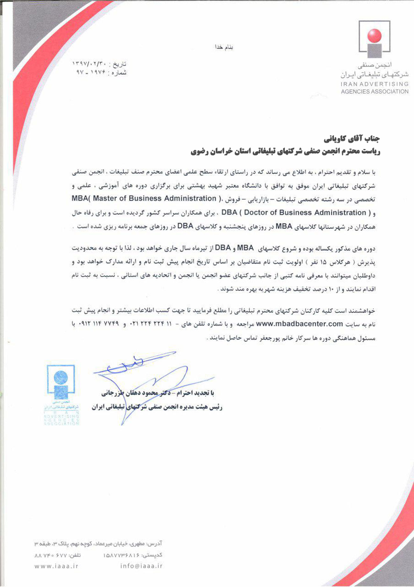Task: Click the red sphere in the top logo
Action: pos(374,35)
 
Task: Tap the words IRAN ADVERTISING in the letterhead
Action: pos(375,84)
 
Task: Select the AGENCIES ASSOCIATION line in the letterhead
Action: pos(375,92)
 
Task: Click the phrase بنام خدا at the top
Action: pos(224,48)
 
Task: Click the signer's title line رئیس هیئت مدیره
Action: pos(157,407)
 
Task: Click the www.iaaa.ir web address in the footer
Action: pos(56,566)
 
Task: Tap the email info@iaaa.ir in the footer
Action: pos(141,566)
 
